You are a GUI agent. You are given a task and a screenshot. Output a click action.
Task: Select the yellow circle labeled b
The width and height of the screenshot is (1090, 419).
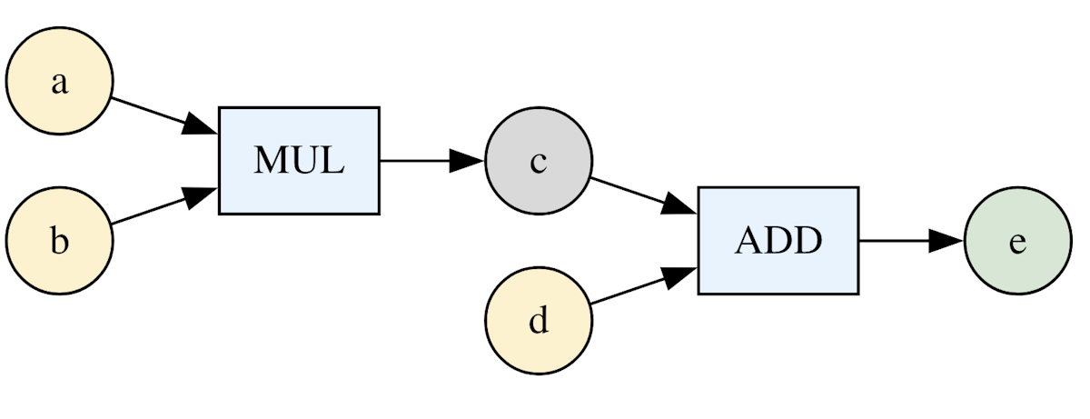coord(59,242)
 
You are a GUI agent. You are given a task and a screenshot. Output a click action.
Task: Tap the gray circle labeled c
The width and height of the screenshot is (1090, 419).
coord(539,162)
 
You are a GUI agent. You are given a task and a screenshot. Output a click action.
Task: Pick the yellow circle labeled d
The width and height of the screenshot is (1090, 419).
coord(539,322)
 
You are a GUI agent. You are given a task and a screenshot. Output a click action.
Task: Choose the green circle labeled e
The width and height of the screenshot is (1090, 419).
coord(1017,242)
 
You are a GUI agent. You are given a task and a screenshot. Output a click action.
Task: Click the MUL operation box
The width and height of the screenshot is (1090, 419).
coord(299,161)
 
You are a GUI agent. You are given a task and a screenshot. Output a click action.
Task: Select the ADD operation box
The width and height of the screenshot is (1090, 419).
coord(778,241)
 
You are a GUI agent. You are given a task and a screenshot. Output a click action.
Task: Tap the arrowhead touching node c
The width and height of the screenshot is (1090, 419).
coord(468,161)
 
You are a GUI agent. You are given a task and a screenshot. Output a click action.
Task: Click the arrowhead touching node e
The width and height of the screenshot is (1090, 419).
coord(946,241)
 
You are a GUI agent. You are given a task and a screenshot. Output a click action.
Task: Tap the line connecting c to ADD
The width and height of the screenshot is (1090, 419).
coord(627,189)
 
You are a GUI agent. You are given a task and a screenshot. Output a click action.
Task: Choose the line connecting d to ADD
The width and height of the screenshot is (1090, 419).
coord(627,293)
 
